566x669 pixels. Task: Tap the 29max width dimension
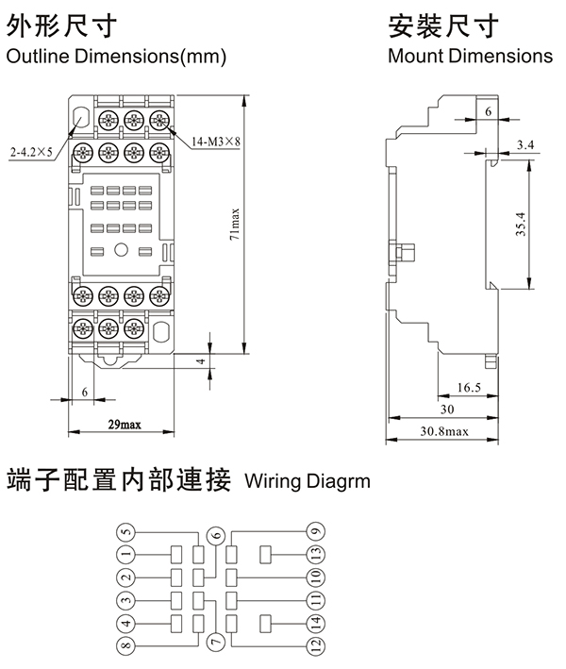(x=123, y=424)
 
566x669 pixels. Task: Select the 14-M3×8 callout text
(x=216, y=142)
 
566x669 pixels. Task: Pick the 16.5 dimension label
(x=469, y=387)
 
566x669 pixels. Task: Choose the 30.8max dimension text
(x=443, y=431)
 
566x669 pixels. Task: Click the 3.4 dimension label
(x=525, y=144)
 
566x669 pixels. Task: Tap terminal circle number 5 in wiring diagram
(x=126, y=530)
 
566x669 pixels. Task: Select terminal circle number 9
(x=315, y=530)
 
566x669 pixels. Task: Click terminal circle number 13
(x=315, y=553)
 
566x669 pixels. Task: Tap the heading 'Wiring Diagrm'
(x=308, y=481)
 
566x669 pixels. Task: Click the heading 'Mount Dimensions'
(x=470, y=56)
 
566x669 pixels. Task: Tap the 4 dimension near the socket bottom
(x=200, y=361)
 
